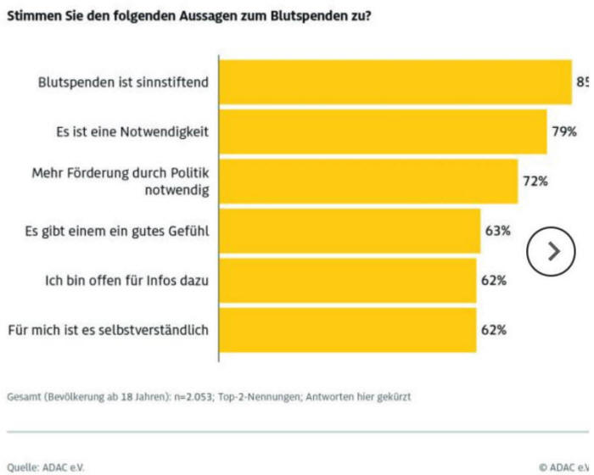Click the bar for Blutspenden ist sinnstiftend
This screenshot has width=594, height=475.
395,82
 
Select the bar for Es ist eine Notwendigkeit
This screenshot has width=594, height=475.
383,131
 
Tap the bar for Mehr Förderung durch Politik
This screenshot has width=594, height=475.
368,181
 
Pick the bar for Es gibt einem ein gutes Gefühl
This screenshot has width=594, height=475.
350,230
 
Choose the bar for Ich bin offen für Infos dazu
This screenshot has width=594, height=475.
348,280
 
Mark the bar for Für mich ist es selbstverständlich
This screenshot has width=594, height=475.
348,329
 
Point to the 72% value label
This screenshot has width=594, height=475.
535,181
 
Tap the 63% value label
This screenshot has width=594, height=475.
497,230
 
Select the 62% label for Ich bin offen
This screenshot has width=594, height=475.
494,280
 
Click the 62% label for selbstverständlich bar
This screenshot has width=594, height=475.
494,329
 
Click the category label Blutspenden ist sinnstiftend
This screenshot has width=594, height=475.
123,82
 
